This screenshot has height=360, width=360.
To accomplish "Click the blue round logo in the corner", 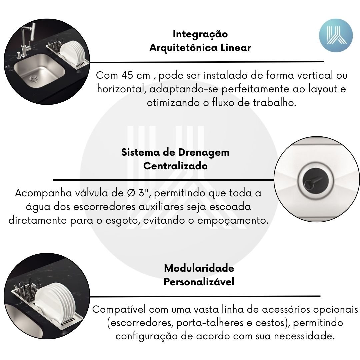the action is (336, 35).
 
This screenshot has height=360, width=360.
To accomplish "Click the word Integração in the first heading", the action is (200, 34).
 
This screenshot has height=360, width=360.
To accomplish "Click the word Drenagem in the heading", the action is (204, 153).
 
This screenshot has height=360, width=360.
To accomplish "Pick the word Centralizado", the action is (175, 166).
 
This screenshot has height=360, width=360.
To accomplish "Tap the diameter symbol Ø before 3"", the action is (131, 193).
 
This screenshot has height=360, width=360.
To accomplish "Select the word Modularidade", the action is (199, 268).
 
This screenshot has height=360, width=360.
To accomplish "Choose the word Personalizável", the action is (199, 282).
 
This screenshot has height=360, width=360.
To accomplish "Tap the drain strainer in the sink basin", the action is (34, 79).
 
